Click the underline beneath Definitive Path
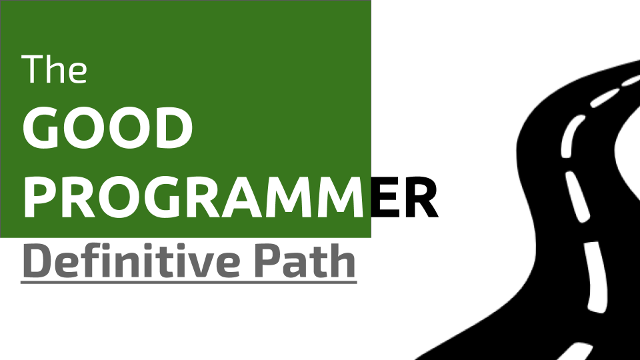189,282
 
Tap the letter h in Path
343,261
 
